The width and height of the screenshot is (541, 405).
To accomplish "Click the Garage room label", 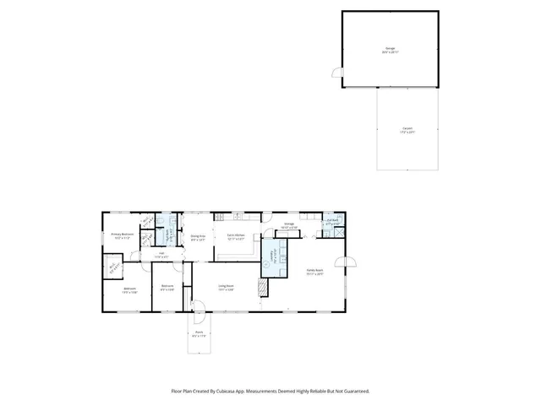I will point(390,49).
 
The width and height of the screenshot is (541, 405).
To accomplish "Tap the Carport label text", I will point(407,129).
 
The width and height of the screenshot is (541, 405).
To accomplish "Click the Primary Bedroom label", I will point(123,235).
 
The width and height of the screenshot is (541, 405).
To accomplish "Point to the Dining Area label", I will point(199,237).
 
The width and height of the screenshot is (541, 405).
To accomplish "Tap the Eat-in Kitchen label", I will point(236,236).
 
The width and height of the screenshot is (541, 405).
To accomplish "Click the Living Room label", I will point(225,287).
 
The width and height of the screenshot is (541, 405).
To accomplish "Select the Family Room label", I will point(314,272).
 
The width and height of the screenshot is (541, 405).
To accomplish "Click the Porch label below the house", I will point(199,335).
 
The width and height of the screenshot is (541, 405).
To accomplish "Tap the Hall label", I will point(161,254).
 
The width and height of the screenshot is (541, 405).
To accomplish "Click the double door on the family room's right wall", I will point(342,262).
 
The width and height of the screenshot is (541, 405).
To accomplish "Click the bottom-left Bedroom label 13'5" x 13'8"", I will point(129,290).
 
